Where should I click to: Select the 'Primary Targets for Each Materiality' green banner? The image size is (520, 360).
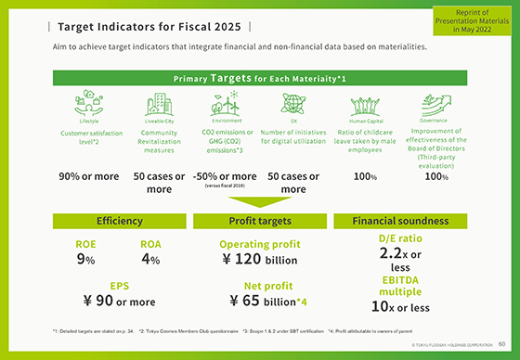[x=259, y=78]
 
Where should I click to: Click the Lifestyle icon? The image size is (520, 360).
[x=89, y=103]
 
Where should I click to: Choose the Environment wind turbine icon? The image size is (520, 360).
[x=227, y=101]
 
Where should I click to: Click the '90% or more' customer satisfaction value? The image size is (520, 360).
[x=88, y=176]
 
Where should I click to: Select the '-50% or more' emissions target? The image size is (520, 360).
[x=227, y=176]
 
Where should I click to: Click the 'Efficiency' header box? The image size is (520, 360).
[x=120, y=221]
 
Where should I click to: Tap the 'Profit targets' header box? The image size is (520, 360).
[x=260, y=221]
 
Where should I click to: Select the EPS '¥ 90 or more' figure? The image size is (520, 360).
[x=119, y=301]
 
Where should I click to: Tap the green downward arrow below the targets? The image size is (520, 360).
[x=260, y=202]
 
